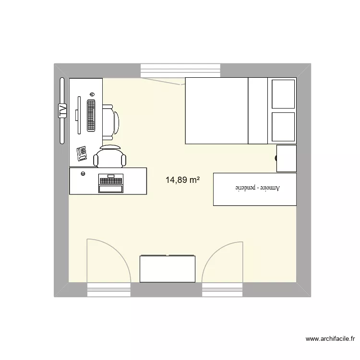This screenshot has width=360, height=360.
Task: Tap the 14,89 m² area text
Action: (x=182, y=180)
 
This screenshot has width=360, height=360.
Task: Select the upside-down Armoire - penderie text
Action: (x=254, y=189)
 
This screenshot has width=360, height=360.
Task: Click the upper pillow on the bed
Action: (x=283, y=94)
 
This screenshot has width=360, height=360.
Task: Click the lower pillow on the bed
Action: (x=283, y=127)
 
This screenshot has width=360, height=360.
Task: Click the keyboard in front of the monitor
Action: (x=91, y=115)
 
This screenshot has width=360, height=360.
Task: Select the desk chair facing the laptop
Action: (x=110, y=156)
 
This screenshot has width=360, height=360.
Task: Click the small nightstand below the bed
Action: (x=286, y=158)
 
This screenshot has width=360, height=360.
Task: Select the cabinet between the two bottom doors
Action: (x=168, y=269)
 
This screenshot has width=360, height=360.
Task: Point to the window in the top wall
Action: (x=180, y=70)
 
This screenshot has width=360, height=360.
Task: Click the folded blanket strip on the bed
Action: (x=257, y=110)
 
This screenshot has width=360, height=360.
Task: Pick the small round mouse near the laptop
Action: (x=84, y=174)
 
